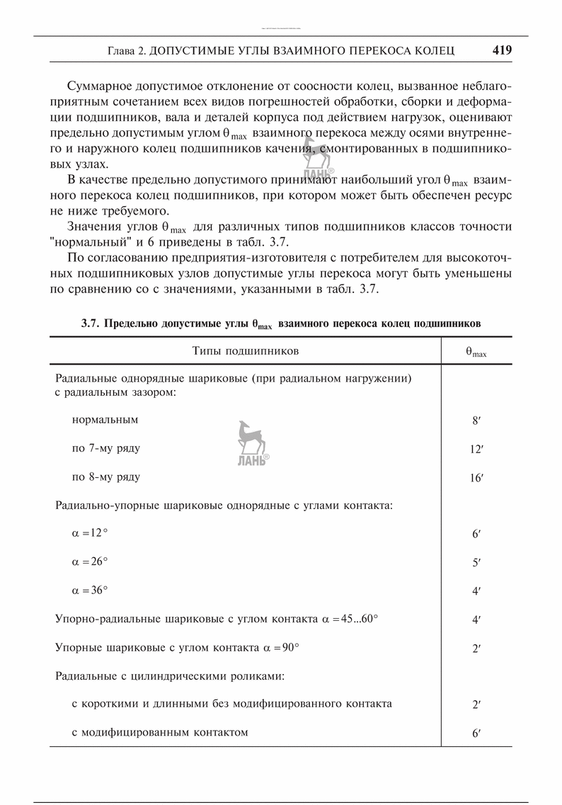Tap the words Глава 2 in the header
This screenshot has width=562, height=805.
[125, 51]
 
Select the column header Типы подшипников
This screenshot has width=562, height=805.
[245, 350]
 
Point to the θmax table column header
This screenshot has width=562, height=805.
[476, 352]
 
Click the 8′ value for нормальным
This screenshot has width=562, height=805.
[476, 420]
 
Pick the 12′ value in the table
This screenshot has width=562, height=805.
[476, 449]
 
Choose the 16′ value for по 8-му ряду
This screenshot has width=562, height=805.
[476, 478]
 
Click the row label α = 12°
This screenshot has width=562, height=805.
[90, 534]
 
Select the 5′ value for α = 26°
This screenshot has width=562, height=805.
[476, 563]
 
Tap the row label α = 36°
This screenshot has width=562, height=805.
[90, 590]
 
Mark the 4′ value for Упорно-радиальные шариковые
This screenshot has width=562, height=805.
[476, 620]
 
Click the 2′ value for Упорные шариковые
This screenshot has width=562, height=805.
[476, 648]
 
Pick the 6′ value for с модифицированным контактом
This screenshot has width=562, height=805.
[476, 733]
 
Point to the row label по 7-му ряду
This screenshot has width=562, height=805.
[106, 448]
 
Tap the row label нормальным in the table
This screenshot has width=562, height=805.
[105, 419]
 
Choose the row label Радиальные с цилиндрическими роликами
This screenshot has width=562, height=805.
[170, 675]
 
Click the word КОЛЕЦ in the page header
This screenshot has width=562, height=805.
[435, 51]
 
